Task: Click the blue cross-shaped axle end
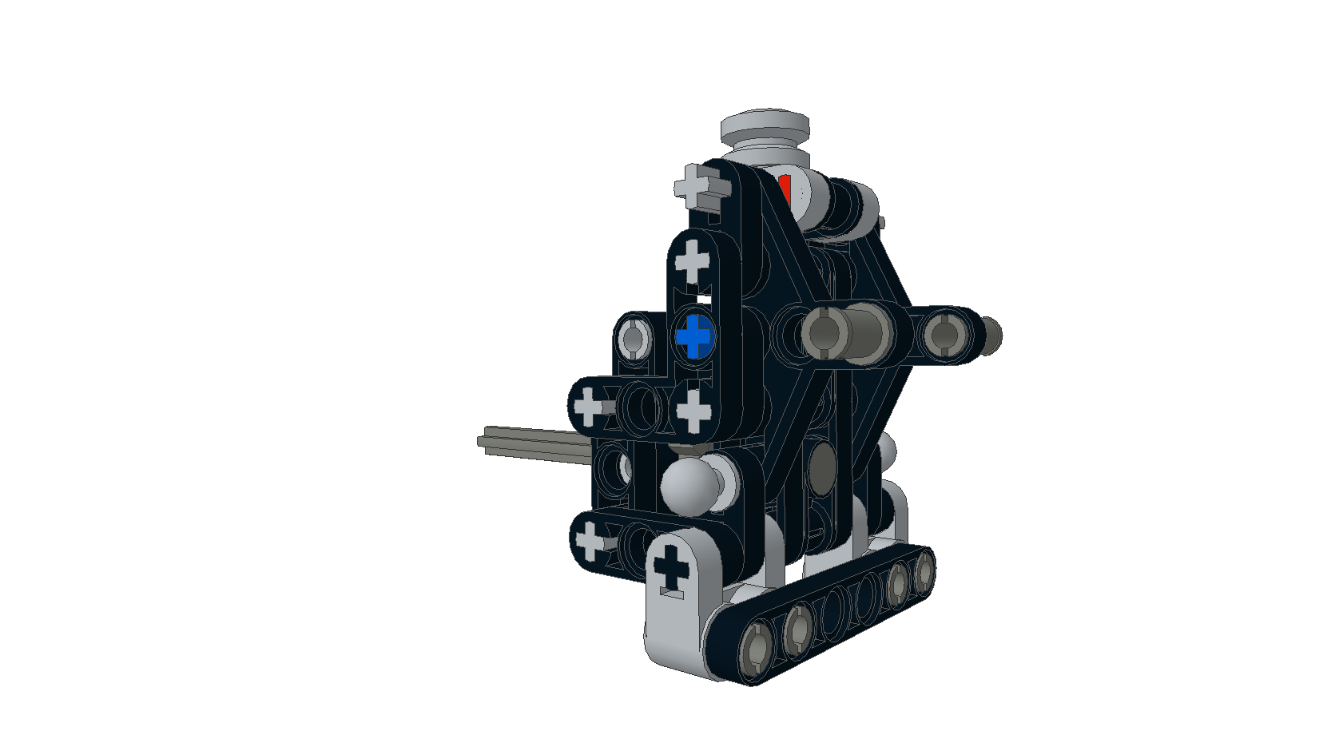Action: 695,336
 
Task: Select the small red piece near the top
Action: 785,189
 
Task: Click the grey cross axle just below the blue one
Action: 693,411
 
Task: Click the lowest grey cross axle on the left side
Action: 591,540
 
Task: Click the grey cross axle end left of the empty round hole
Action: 589,406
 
